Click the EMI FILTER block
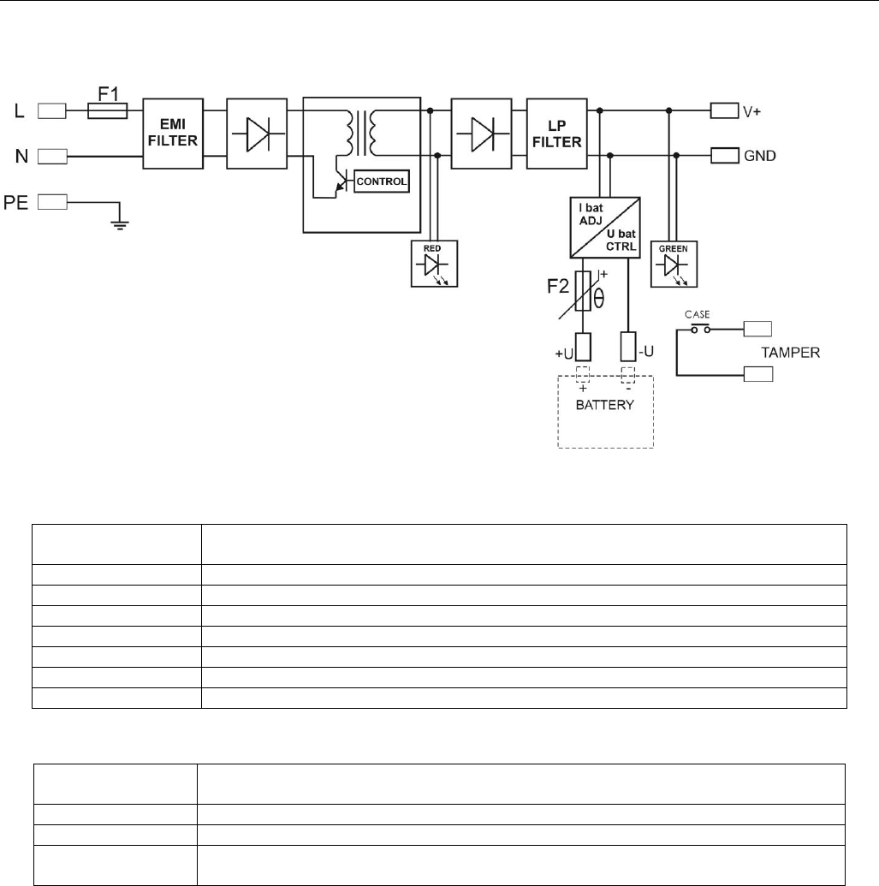tap(173, 134)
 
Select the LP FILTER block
tap(557, 134)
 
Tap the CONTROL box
tap(382, 181)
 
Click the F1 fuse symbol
tap(107, 110)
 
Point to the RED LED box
tap(434, 264)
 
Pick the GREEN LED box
tap(674, 264)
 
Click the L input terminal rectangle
tap(52, 110)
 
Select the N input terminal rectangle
tap(52, 156)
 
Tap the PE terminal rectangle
tap(52, 202)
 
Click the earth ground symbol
tap(120, 224)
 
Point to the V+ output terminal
tap(724, 110)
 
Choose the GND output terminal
tap(725, 156)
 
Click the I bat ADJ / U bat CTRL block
tap(605, 227)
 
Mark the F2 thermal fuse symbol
tap(583, 292)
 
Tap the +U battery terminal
tap(583, 347)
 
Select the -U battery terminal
tap(628, 347)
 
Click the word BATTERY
tap(604, 405)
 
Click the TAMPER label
tap(790, 353)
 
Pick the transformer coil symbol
tap(361, 134)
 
